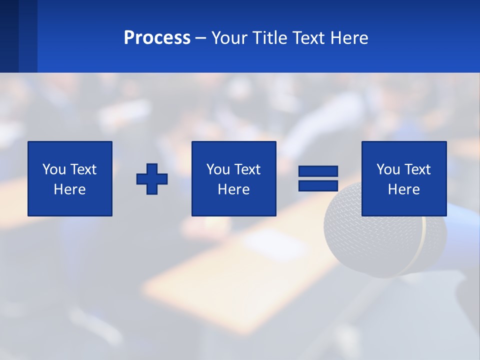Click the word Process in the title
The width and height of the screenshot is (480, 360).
pyautogui.click(x=157, y=38)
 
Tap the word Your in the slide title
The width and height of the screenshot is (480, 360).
pyautogui.click(x=228, y=38)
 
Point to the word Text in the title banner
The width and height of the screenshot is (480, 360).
pyautogui.click(x=309, y=38)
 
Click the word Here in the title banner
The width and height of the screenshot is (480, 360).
pyautogui.click(x=349, y=38)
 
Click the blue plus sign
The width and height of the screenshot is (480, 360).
pyautogui.click(x=152, y=179)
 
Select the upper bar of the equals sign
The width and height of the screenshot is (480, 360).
pyautogui.click(x=318, y=171)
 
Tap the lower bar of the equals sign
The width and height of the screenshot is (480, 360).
pyautogui.click(x=318, y=185)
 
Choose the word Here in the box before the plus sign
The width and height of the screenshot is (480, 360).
pyautogui.click(x=69, y=189)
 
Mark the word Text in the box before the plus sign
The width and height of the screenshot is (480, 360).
pyautogui.click(x=83, y=169)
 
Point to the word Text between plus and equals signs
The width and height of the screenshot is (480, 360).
pyautogui.click(x=247, y=169)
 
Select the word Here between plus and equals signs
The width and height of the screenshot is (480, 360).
pyautogui.click(x=233, y=189)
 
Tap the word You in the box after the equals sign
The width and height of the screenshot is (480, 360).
pyautogui.click(x=388, y=169)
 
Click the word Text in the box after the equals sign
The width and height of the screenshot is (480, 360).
pyautogui.click(x=417, y=169)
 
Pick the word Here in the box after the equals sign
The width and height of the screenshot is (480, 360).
pyautogui.click(x=403, y=189)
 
